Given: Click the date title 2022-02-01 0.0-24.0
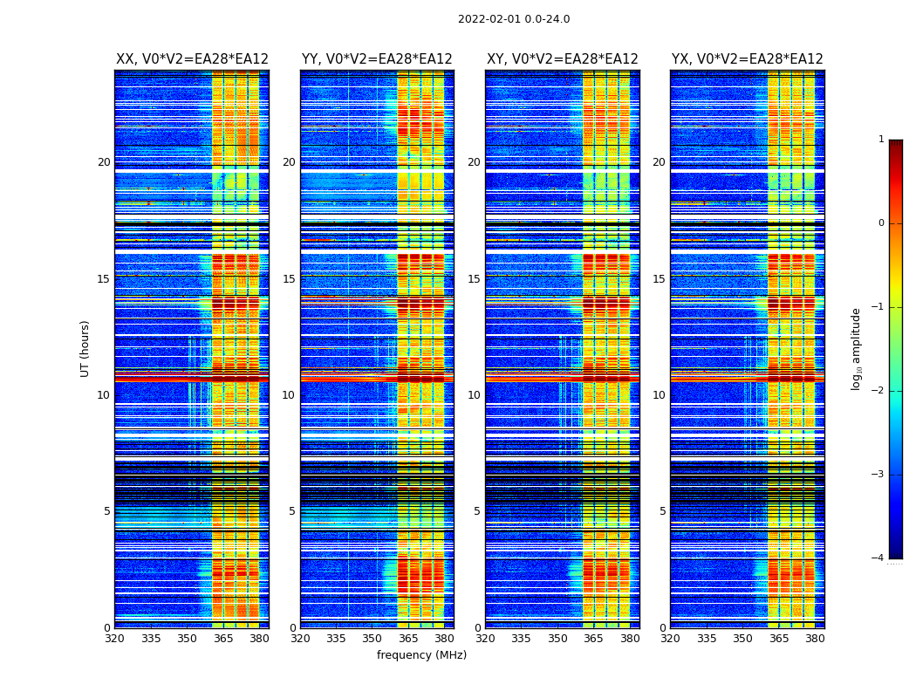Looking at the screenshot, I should coord(514,19).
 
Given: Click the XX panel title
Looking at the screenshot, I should coord(192,59).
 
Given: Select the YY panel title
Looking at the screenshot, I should coord(377,59).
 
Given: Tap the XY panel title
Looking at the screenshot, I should coord(563,59).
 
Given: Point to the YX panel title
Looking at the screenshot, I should coord(748,59).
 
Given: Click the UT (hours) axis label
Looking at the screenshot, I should coord(85,348).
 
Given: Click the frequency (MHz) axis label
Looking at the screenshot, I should coord(421,655).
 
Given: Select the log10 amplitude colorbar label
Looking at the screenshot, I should coord(857,348).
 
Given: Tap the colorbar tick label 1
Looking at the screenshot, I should coord(881,140).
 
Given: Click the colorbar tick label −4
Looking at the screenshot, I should coord(878,558).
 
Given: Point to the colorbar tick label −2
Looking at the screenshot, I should coord(878,391).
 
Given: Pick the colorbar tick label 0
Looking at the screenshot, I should coord(881,223).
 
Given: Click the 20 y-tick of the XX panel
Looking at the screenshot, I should coord(104,162).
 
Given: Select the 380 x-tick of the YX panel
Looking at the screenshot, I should coord(815,639).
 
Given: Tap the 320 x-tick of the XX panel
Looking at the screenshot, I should coord(114,639).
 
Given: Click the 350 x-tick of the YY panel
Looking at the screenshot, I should coord(373,639).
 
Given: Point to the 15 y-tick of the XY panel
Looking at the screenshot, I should coord(474,279).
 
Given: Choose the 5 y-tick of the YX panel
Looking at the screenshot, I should coord(662,511).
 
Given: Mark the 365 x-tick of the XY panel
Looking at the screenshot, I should coord(593,639).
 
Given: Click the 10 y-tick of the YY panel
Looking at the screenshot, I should coord(289,395).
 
